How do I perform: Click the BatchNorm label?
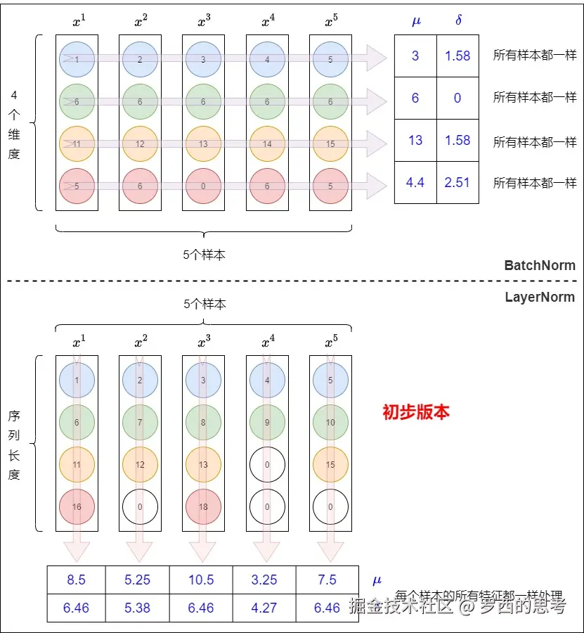point(540,266)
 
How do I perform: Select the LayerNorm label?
point(540,297)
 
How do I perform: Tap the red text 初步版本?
point(415,412)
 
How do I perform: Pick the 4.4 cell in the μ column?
point(415,182)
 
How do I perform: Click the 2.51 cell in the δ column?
point(458,182)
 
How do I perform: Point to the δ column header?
point(458,20)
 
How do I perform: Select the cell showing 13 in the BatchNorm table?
point(415,140)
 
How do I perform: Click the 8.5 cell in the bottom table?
point(76,580)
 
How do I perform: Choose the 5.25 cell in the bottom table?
point(137,580)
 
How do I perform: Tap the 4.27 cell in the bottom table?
point(264,608)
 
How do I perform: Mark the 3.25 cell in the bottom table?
point(264,580)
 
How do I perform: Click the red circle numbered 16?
point(77,506)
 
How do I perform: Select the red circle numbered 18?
point(203,506)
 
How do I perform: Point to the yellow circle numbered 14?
point(266,144)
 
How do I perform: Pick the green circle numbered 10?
point(330,422)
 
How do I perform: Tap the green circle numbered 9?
point(267,422)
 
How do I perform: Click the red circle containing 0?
point(203,186)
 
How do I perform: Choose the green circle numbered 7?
point(140,422)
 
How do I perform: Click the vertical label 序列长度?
point(14,445)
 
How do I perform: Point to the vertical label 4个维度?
point(14,124)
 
